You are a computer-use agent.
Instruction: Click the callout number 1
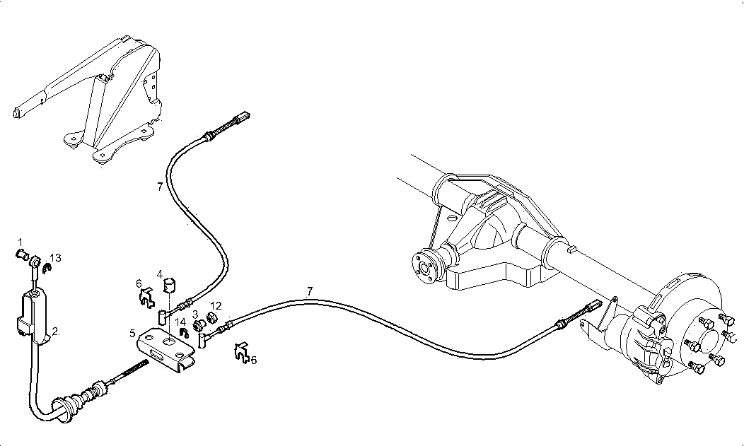[21, 242]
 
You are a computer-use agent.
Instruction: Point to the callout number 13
[56, 258]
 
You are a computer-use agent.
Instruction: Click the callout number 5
[132, 331]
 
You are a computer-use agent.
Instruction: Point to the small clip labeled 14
[182, 332]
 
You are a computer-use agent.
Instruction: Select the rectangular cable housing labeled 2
[32, 311]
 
